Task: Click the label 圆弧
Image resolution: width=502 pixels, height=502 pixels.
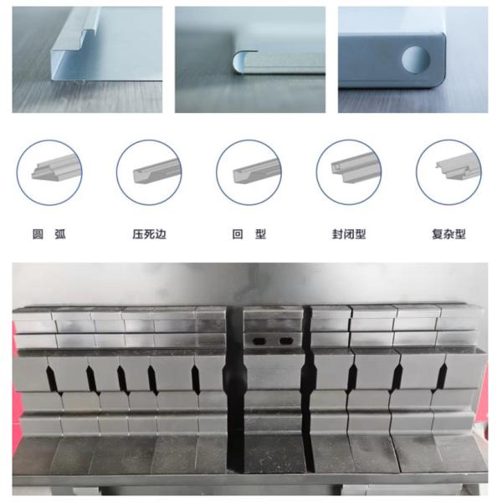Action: [x=49, y=234]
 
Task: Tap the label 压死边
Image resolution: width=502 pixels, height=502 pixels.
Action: [x=150, y=234]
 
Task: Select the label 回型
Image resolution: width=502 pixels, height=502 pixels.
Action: [x=249, y=234]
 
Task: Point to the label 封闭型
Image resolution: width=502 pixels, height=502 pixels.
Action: [x=349, y=234]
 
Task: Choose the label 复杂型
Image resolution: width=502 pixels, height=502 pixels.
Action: [x=448, y=234]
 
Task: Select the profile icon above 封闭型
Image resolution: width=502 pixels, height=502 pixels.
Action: [x=356, y=168]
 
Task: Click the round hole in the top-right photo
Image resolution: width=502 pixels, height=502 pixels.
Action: [x=416, y=59]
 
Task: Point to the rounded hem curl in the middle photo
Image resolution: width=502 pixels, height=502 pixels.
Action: [x=239, y=61]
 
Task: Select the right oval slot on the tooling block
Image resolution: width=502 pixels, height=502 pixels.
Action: [x=285, y=341]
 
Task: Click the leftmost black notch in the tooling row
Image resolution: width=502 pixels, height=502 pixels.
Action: [x=52, y=379]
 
